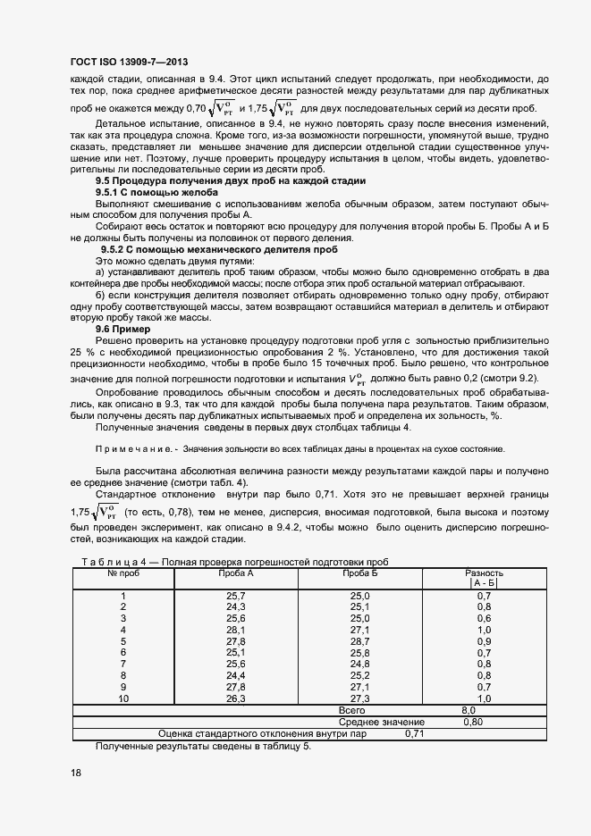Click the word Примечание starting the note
click(131, 448)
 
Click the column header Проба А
click(236, 572)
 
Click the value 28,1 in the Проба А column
click(236, 630)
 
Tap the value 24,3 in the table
click(236, 606)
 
